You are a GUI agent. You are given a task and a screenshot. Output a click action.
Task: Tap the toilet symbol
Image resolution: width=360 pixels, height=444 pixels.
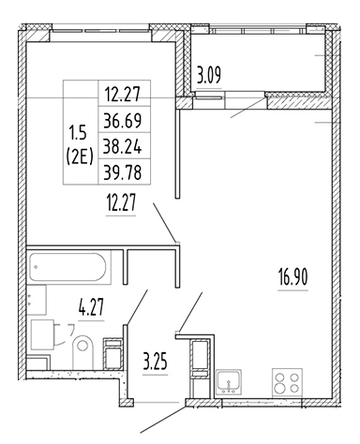(82, 348)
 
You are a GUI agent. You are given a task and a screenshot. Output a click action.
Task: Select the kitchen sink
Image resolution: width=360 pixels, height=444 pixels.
(228, 382)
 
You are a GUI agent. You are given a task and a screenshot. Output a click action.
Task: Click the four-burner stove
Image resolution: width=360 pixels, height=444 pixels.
(286, 383)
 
